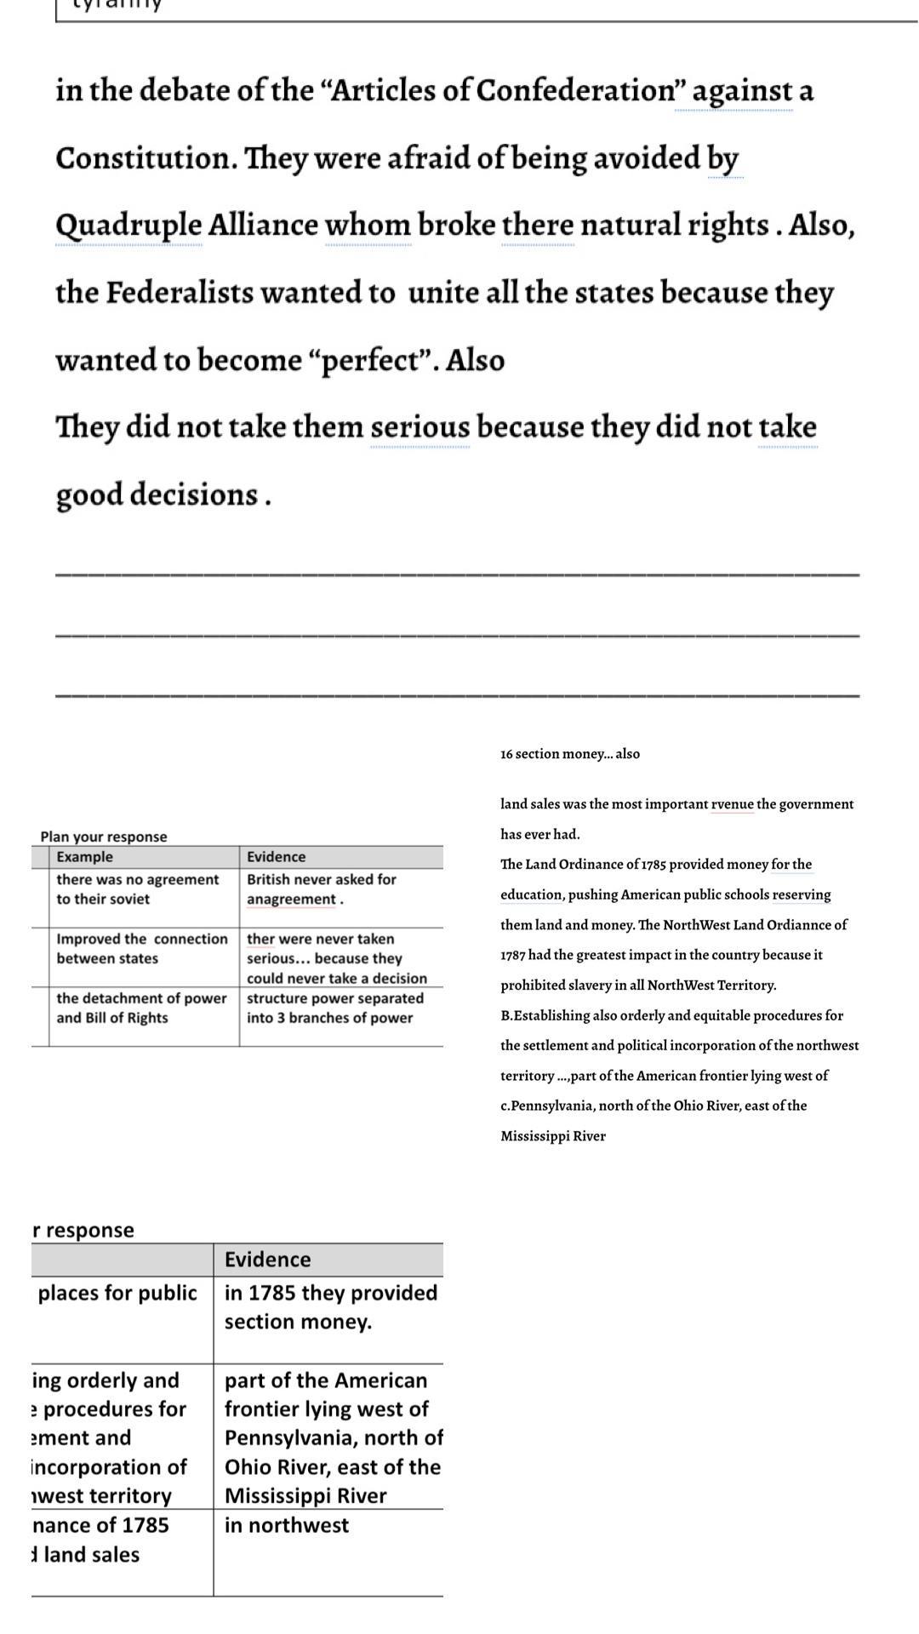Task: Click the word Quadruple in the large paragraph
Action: click(x=128, y=226)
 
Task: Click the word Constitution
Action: click(x=146, y=158)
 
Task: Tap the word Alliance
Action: click(x=263, y=226)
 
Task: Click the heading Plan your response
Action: click(x=104, y=837)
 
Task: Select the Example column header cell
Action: click(x=85, y=857)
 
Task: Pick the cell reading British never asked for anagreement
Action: click(x=322, y=889)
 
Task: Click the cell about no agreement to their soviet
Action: click(x=137, y=889)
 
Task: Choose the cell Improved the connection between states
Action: click(x=142, y=949)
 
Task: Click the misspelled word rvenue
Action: click(x=732, y=804)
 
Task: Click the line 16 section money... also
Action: click(x=570, y=754)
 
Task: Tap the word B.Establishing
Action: click(x=545, y=1015)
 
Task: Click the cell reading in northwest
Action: click(x=287, y=1525)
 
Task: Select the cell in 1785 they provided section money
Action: click(x=330, y=1307)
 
